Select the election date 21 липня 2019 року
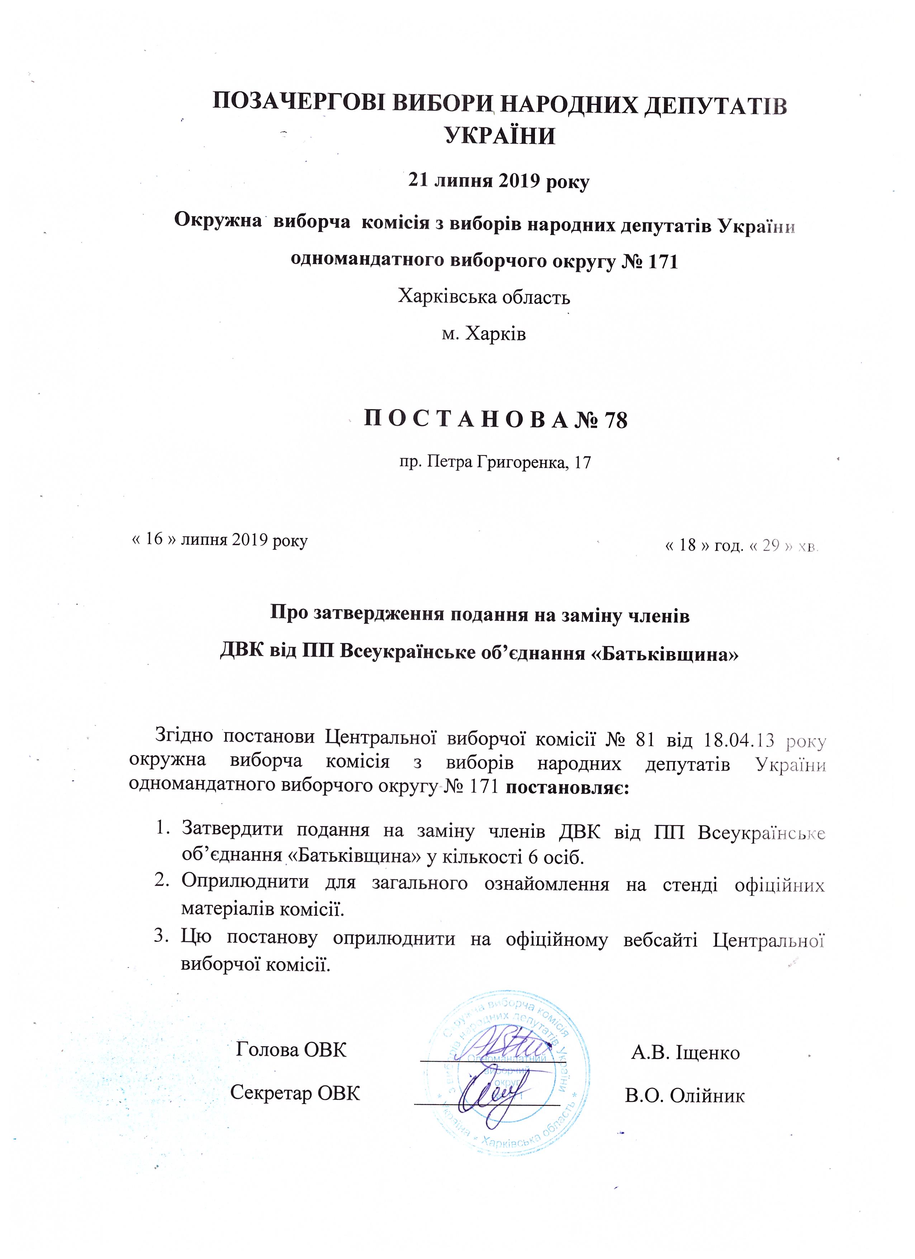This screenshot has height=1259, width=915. [498, 181]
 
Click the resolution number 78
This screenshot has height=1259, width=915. [615, 421]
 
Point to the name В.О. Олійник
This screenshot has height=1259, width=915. [685, 1095]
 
